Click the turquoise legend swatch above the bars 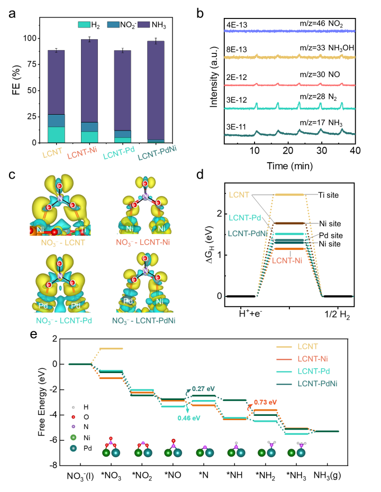point(84,24)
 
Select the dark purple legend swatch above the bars point(143,24)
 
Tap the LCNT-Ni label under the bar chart point(82,152)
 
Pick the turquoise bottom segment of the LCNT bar point(56,135)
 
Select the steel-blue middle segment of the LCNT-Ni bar point(89,127)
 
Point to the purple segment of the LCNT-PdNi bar point(156,90)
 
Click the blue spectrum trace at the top point(289,31)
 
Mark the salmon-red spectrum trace point(289,85)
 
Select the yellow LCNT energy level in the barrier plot point(289,195)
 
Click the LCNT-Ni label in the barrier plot point(287,260)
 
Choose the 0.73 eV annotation point(265,402)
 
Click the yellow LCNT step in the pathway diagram point(111,349)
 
